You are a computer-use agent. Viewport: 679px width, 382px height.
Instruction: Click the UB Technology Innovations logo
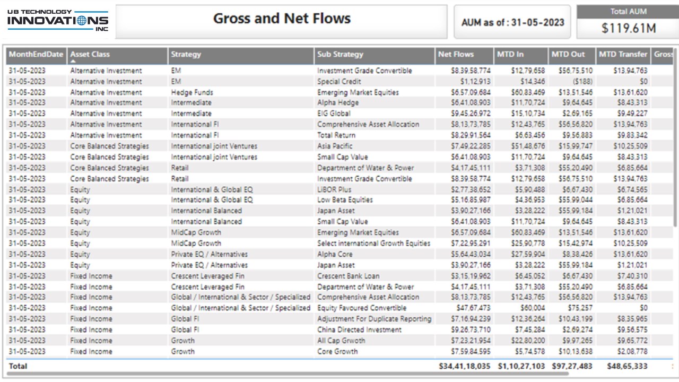pos(57,21)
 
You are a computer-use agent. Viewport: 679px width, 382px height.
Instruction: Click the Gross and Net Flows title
pos(282,19)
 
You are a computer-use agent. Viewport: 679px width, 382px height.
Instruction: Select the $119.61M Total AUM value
pos(629,28)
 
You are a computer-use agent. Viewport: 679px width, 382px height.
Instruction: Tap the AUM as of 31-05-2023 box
pos(512,22)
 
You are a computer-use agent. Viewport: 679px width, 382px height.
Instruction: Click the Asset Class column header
pos(90,54)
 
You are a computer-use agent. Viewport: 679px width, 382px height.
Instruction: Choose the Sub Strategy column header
pos(340,54)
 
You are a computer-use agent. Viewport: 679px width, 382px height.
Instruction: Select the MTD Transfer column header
pos(623,54)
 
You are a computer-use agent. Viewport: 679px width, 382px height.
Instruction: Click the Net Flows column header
pos(456,54)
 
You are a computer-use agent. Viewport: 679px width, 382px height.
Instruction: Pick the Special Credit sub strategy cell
pos(339,82)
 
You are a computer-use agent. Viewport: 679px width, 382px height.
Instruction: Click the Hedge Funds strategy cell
pos(192,92)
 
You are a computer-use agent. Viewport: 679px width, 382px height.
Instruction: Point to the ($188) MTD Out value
pos(582,82)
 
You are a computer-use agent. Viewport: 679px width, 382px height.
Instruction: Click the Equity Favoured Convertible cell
pos(362,308)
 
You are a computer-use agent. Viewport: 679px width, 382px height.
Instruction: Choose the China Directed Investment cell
pos(359,329)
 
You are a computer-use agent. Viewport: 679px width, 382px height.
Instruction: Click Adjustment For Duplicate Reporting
pos(374,319)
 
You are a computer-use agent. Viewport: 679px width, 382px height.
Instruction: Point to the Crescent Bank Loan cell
pos(348,276)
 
